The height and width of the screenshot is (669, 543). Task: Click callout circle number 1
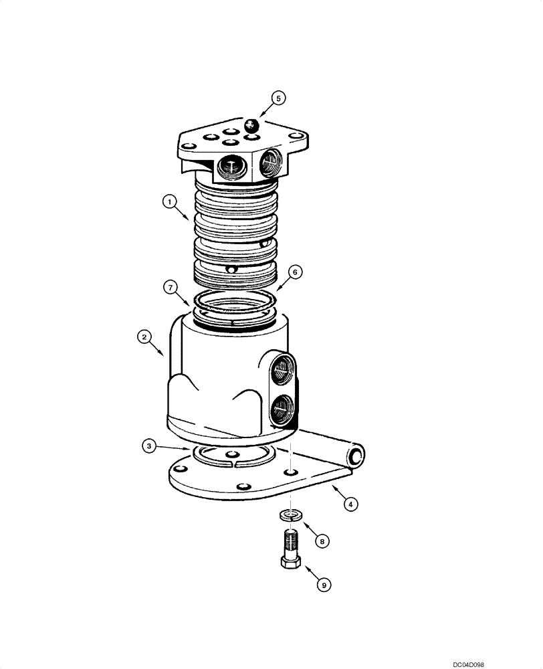171,200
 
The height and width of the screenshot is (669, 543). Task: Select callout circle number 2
144,337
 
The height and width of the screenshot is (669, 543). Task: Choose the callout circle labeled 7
171,287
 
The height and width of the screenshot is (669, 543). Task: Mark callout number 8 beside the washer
322,541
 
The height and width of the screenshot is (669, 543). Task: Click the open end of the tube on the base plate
356,456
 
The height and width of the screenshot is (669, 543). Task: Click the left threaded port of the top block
231,167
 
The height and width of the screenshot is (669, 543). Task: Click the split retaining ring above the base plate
232,456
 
